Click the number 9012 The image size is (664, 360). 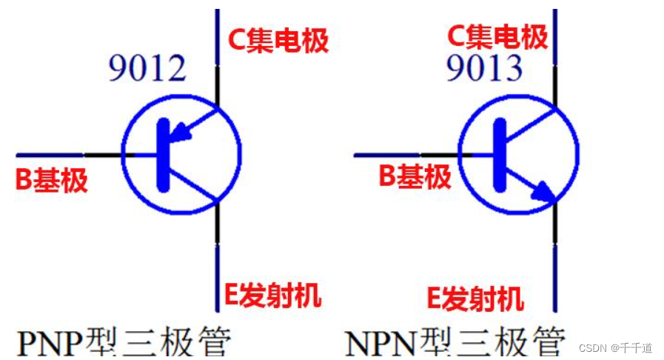[147, 68]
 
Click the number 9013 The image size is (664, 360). [484, 68]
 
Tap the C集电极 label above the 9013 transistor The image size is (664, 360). [497, 36]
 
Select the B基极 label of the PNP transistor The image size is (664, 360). [52, 180]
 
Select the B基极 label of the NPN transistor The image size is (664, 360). [415, 176]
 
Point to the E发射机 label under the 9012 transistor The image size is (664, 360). [272, 296]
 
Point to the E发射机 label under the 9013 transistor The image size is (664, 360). [475, 299]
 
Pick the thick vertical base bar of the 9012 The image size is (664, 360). [161, 155]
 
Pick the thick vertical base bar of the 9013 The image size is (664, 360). [499, 155]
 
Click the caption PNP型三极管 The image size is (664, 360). [124, 342]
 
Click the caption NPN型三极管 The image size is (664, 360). [455, 342]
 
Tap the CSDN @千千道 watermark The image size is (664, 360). [615, 347]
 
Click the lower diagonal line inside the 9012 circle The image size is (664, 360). [191, 185]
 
